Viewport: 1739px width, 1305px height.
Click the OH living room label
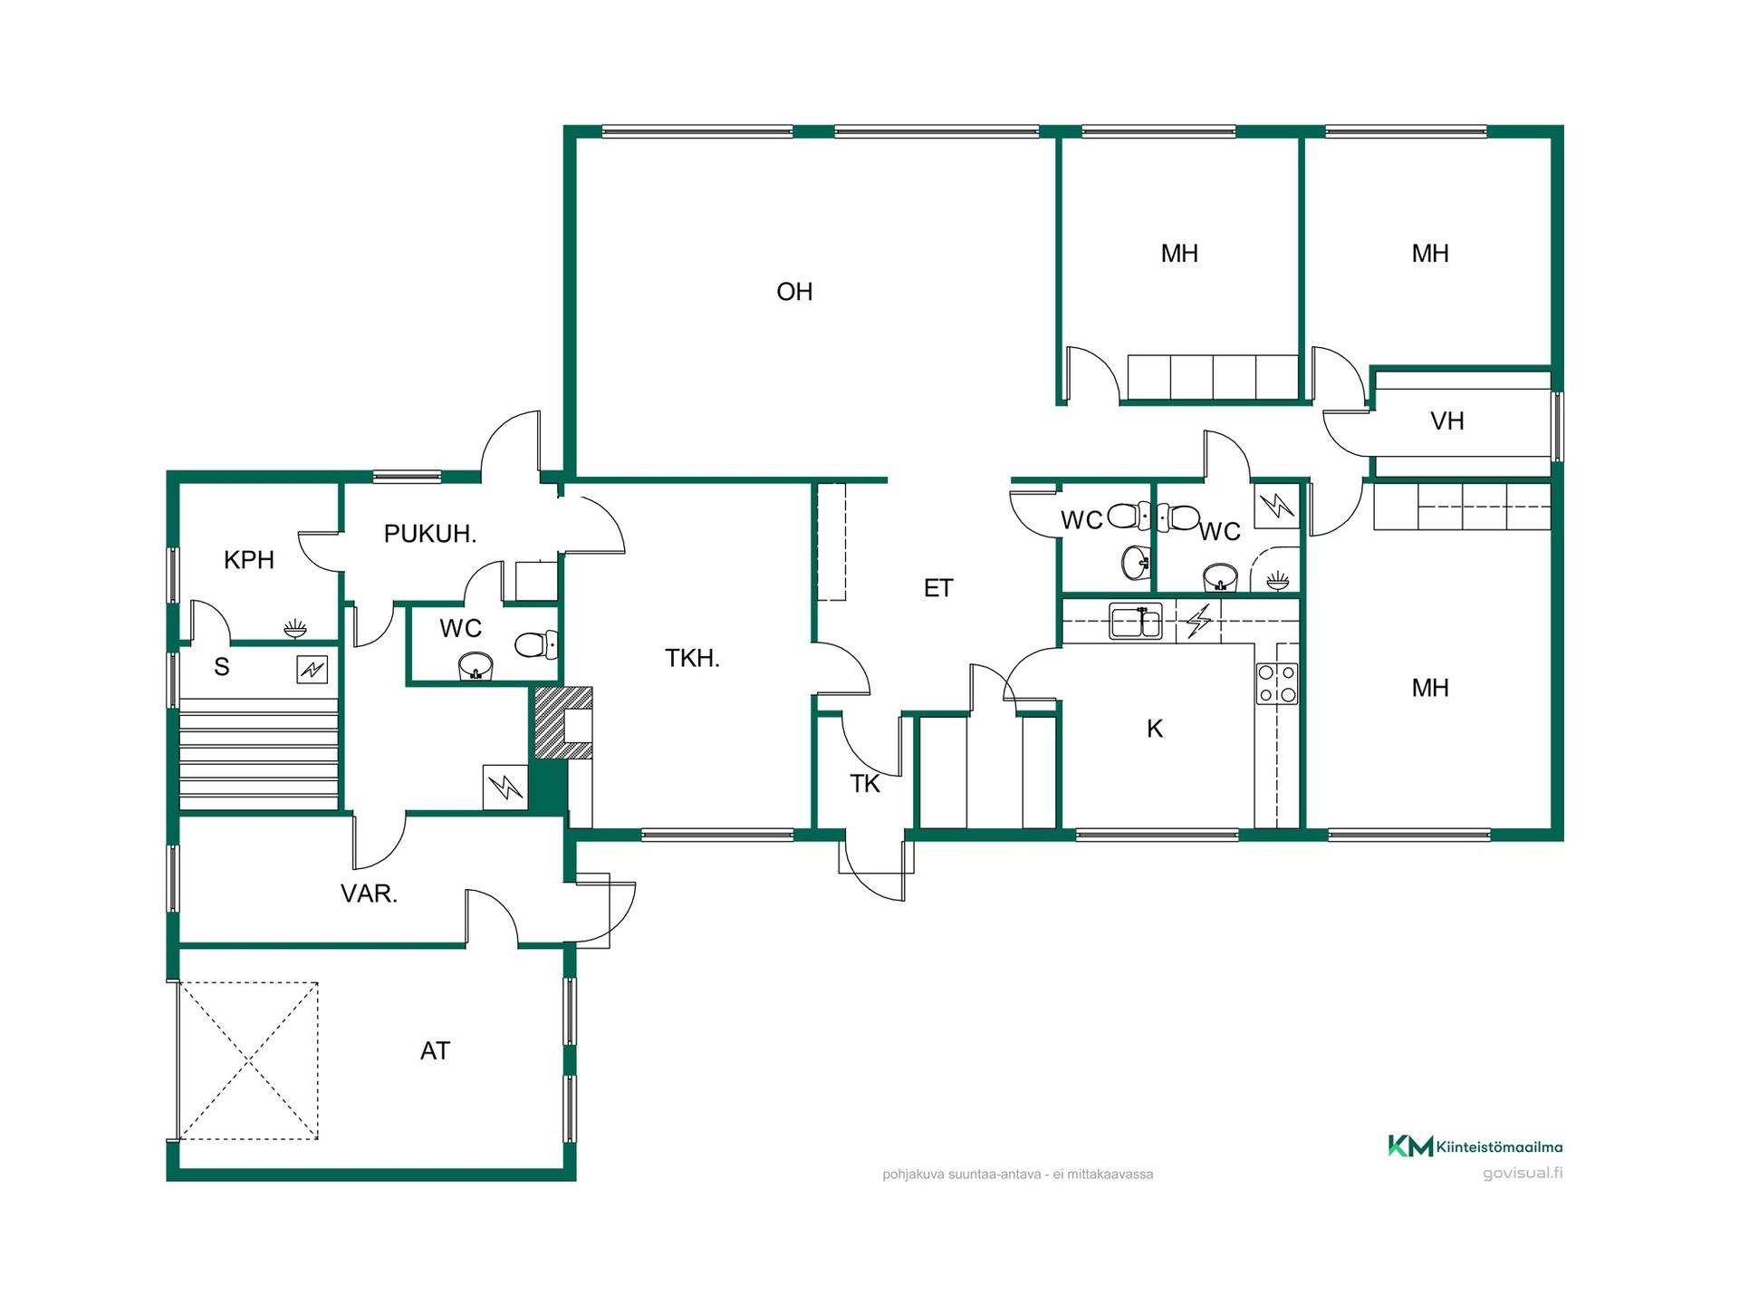(794, 292)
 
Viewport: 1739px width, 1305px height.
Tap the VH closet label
(1447, 420)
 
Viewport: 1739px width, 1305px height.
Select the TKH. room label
(692, 658)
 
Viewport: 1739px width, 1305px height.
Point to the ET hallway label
(938, 588)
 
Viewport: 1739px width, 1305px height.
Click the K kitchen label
(1155, 729)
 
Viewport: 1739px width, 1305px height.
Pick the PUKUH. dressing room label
(430, 534)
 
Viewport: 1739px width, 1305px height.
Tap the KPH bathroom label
(249, 560)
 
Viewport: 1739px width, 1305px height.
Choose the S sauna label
(222, 667)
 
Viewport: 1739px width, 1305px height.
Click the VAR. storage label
(369, 894)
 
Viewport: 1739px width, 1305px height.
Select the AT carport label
(435, 1050)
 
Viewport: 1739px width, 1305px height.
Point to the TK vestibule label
(865, 784)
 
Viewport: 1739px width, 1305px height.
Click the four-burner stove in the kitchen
(1277, 683)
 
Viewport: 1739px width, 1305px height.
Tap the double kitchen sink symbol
(1136, 622)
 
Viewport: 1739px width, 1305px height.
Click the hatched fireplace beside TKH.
(562, 722)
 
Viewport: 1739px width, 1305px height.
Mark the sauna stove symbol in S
(312, 670)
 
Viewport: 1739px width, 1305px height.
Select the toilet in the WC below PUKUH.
(537, 645)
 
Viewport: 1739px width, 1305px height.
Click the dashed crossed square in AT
(248, 1060)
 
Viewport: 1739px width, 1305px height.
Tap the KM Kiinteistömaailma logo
(1475, 1146)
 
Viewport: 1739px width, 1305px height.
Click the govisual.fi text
(1523, 1173)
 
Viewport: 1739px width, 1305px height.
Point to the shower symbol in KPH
(295, 628)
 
